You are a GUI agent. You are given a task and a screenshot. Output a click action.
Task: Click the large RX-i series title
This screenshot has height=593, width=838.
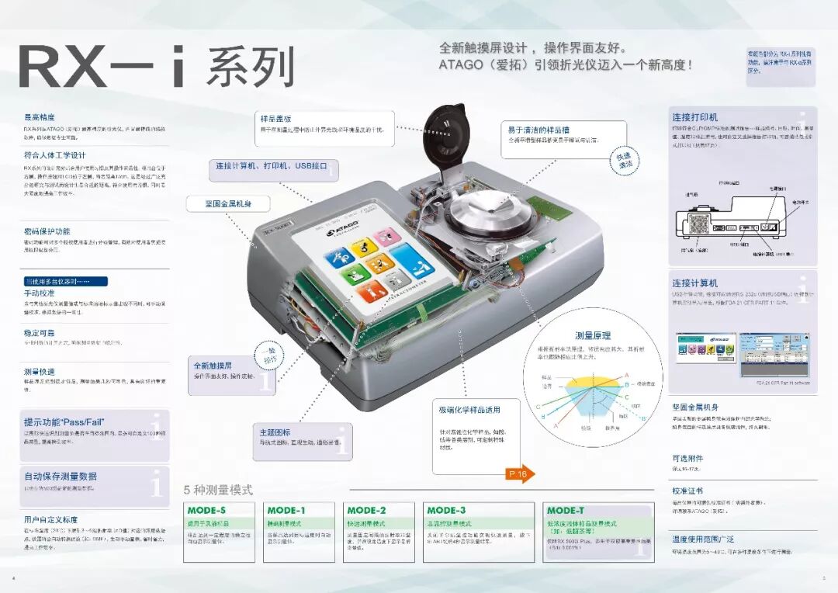tap(155, 67)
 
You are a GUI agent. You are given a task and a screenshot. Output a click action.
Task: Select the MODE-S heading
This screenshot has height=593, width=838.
tap(206, 511)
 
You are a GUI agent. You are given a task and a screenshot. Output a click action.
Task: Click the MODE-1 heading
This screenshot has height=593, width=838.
tap(286, 511)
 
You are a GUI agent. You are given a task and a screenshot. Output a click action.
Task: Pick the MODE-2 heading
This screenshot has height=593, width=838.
tap(366, 511)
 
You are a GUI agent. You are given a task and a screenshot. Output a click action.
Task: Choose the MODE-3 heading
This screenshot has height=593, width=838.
tap(446, 511)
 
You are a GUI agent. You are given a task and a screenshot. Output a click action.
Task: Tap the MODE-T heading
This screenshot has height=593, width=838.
tap(566, 511)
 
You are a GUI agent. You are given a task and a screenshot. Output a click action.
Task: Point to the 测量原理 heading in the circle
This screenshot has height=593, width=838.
tap(592, 335)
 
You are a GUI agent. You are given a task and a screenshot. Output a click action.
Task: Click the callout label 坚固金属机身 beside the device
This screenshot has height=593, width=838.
tap(227, 204)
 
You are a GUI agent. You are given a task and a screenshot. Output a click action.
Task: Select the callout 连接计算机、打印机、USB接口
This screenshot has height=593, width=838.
tap(272, 166)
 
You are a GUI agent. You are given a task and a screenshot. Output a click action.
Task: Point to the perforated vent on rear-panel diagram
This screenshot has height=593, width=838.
tap(699, 227)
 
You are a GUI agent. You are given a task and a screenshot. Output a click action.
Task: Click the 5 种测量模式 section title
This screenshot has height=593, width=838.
tap(218, 491)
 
